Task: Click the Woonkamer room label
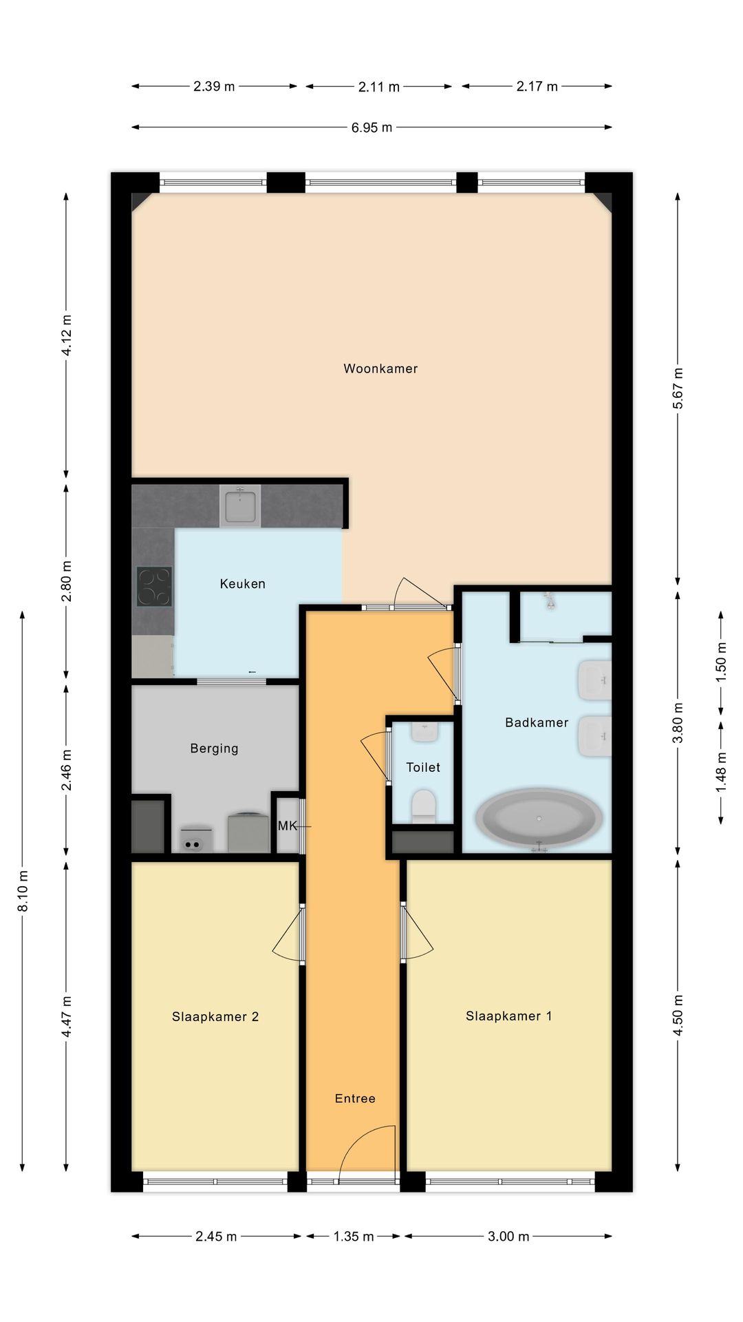tap(380, 368)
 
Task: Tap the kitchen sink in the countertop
tap(239, 505)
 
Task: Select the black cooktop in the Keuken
tap(154, 586)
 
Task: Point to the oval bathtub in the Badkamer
tap(539, 818)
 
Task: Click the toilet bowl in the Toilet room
tap(424, 805)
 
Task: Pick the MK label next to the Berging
tap(287, 825)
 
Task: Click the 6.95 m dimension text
tap(371, 127)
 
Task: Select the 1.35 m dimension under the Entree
tap(354, 1236)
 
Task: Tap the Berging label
tap(214, 748)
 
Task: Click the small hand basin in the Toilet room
tap(424, 731)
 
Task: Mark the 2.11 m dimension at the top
tap(378, 87)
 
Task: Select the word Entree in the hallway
tap(355, 1098)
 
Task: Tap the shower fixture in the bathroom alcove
tap(550, 600)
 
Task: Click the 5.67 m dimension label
tap(678, 388)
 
